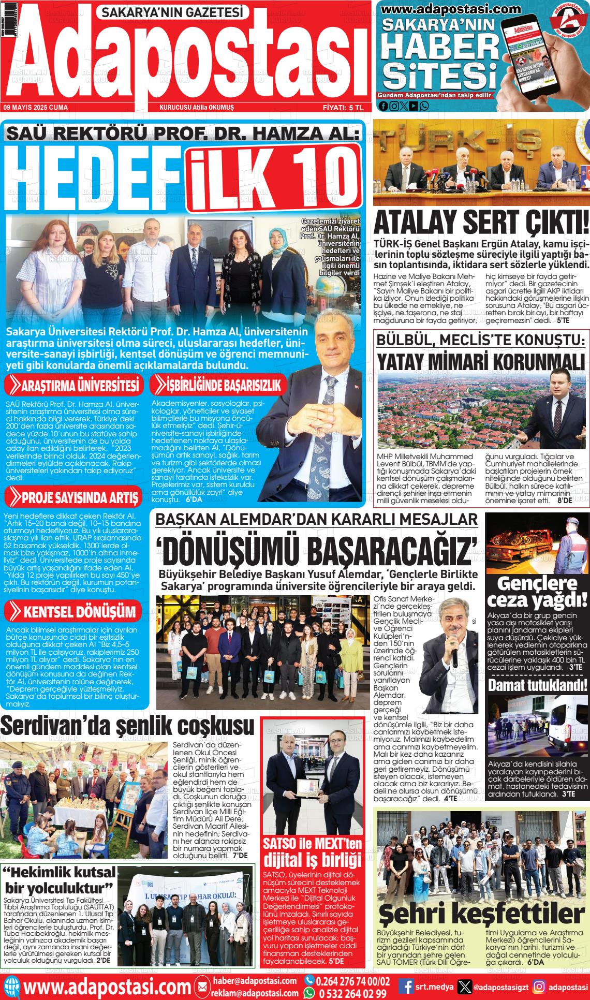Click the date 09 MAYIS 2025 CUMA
point(36,107)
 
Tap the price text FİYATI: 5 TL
point(344,107)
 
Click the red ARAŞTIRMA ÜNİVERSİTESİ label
point(75,386)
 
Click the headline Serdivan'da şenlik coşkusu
point(127,726)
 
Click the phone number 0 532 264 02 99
point(352,993)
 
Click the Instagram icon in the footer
point(539,987)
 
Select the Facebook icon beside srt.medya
point(408,987)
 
